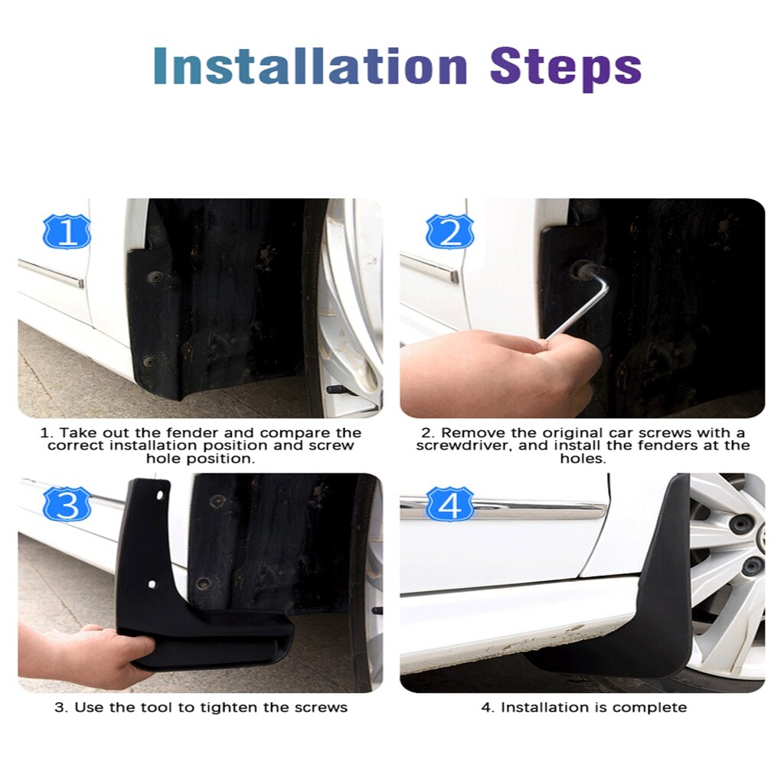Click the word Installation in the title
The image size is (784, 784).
310,66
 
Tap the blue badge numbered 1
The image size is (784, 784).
67,231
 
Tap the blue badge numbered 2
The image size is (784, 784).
449,231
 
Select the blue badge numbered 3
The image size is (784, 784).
67,504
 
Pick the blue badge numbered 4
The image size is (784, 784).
449,504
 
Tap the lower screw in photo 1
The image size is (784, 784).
149,361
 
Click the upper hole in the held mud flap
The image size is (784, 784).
159,495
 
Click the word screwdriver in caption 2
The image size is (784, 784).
462,446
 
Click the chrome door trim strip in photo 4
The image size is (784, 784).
502,509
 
